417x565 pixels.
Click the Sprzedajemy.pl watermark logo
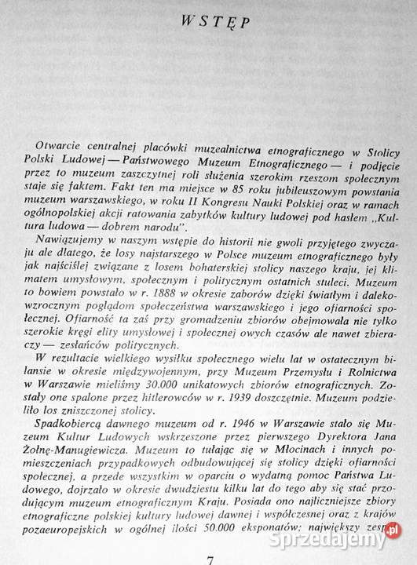pos(346,538)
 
